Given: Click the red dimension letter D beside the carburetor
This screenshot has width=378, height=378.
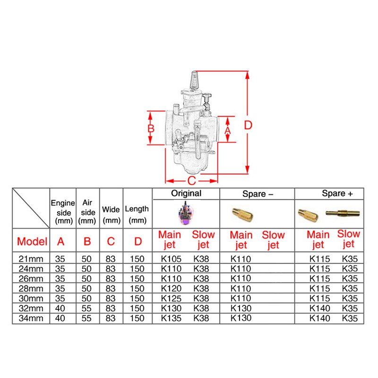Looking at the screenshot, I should [249, 125].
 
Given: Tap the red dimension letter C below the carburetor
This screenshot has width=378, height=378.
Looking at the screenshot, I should [191, 180].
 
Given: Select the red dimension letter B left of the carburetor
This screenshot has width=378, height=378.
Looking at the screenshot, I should [150, 128].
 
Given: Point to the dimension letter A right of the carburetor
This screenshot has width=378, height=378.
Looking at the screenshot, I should [228, 129].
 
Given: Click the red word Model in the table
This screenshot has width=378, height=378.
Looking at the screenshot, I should [32, 241].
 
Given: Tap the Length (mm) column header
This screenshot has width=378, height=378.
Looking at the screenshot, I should [137, 214].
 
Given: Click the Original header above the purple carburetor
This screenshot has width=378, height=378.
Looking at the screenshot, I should [186, 193].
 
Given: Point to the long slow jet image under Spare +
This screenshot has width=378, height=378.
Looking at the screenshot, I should [343, 214].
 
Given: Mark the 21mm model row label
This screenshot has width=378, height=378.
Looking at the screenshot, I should [31, 258].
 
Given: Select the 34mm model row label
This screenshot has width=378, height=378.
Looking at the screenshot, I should [31, 318].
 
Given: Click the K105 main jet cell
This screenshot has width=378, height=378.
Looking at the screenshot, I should [172, 258].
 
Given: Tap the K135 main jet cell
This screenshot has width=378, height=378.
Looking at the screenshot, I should [172, 318].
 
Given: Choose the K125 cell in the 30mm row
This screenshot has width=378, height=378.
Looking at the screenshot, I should [172, 298].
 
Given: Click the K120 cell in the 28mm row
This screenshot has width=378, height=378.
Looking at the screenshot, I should [172, 288].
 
